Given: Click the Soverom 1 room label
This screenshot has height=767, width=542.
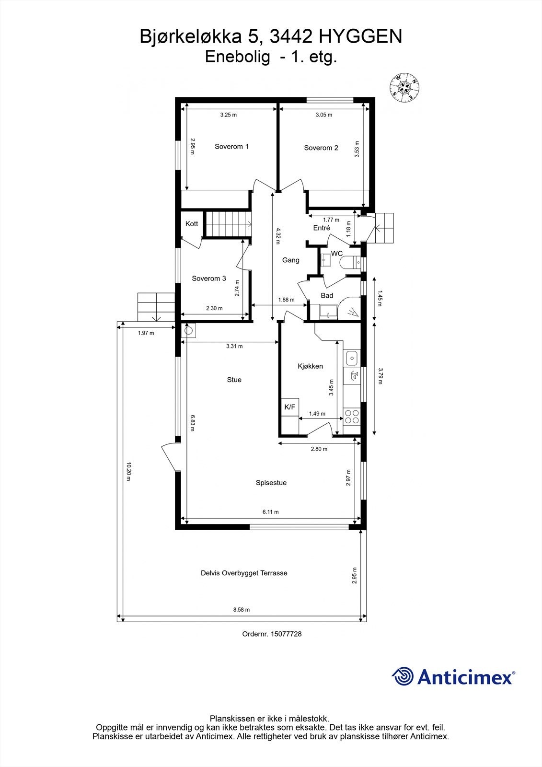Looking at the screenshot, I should tap(231, 147).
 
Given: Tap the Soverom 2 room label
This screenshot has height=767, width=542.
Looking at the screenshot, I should tap(321, 148).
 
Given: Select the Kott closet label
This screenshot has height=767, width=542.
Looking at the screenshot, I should tap(192, 224).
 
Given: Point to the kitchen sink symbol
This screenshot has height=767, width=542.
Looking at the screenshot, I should tap(351, 357).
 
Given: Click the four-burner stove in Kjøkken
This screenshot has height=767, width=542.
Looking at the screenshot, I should tap(351, 416).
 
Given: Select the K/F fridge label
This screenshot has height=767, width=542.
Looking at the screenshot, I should tap(290, 407).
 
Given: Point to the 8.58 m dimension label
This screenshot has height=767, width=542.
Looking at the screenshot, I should tap(242, 610).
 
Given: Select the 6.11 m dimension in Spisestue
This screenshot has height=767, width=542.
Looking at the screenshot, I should tap(270, 512).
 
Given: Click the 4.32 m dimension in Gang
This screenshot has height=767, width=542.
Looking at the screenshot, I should tap(277, 236).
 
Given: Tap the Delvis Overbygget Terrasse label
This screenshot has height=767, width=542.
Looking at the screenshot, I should tap(244, 573).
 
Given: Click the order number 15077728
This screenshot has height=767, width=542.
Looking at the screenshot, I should tap(286, 634).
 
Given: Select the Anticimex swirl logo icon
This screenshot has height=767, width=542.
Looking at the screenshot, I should tap(403, 677).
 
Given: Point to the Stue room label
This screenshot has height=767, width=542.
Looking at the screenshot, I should tap(234, 380).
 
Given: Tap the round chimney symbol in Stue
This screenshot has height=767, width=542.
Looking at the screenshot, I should tap(189, 330).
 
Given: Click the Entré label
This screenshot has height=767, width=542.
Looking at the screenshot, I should tap(322, 228).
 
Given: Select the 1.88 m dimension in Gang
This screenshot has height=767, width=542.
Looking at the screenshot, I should tap(287, 300).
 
